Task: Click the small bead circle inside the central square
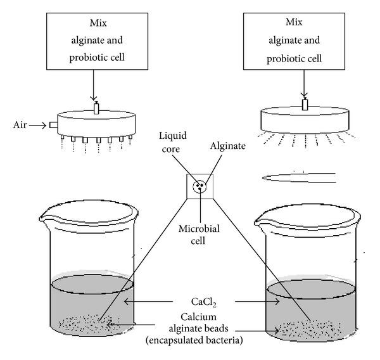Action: (x=200, y=186)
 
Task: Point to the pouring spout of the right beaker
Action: (x=259, y=221)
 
